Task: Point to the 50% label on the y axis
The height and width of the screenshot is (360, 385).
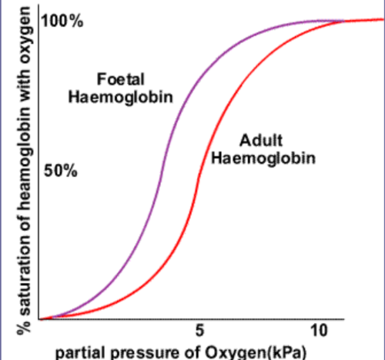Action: tap(60, 171)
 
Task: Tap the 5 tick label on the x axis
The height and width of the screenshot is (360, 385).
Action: tap(199, 330)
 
